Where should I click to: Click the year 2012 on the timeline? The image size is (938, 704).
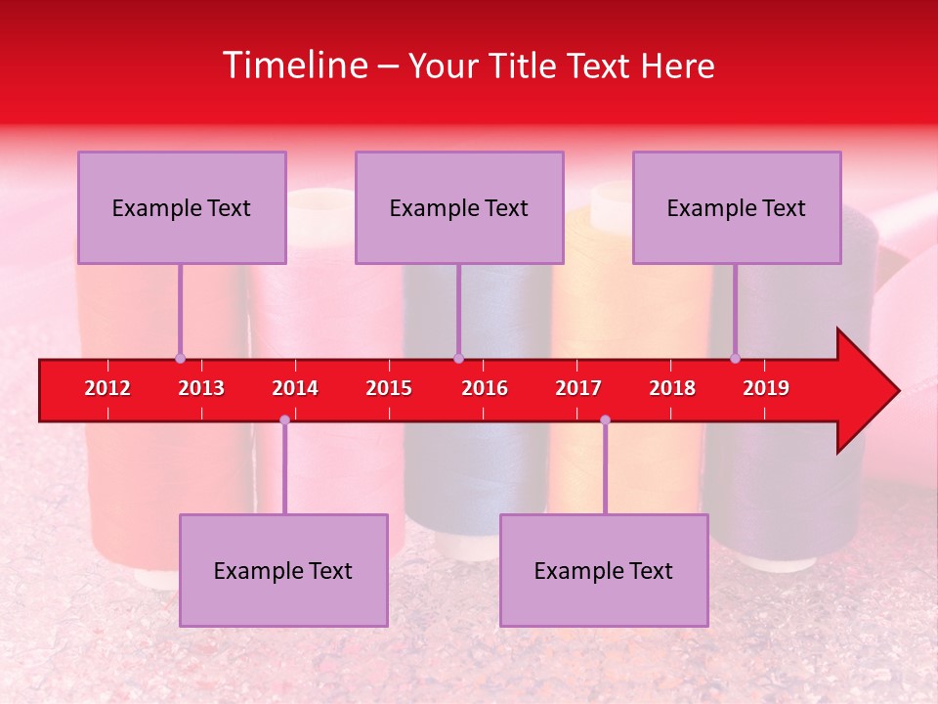(107, 388)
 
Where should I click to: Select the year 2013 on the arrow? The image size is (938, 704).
(201, 388)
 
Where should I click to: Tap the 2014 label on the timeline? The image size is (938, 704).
(295, 388)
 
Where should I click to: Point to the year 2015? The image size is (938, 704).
(389, 388)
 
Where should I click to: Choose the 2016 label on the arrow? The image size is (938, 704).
(485, 388)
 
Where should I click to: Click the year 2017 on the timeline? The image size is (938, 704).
(578, 388)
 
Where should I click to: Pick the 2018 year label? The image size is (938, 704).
(672, 388)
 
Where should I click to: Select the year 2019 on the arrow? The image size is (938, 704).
(766, 388)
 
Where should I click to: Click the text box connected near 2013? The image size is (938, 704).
(182, 207)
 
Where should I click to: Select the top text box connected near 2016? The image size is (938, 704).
(459, 207)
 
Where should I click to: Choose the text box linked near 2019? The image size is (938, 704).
(737, 207)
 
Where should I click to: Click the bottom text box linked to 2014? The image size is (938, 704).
(283, 570)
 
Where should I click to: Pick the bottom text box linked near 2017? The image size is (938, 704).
(604, 570)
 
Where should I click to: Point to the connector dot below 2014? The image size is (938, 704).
(284, 419)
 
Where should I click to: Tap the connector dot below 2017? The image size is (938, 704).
(605, 419)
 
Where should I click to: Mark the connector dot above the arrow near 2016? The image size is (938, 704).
(458, 358)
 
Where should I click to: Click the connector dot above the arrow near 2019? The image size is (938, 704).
(736, 358)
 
